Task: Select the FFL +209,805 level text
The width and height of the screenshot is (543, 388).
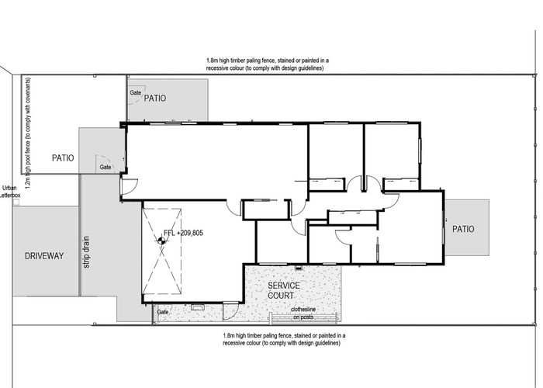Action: [183, 232]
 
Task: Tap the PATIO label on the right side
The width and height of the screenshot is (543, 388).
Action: [463, 229]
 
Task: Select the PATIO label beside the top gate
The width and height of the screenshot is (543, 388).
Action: [155, 99]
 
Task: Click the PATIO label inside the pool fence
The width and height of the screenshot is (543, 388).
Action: [62, 158]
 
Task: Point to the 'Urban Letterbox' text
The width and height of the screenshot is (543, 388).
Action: [9, 192]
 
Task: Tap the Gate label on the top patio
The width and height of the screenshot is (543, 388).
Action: [136, 92]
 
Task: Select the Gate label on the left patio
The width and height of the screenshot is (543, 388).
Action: [106, 167]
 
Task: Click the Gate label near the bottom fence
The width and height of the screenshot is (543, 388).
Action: [163, 311]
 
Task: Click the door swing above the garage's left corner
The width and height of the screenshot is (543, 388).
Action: [129, 187]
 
